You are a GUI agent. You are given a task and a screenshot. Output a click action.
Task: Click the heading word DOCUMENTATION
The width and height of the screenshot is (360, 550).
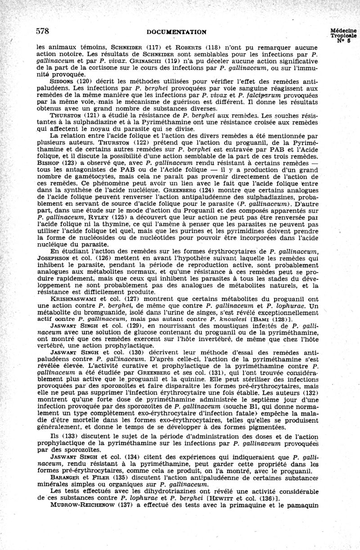(x=177, y=32)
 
